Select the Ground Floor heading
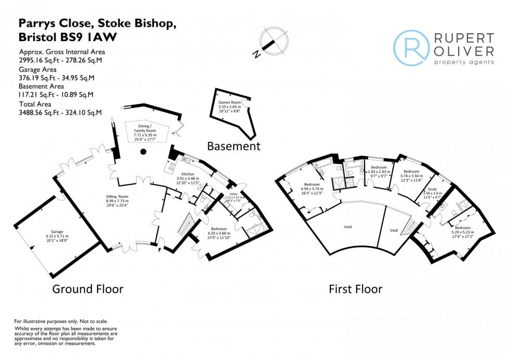(x=88, y=289)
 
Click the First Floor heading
(x=355, y=289)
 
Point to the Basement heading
(x=233, y=146)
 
